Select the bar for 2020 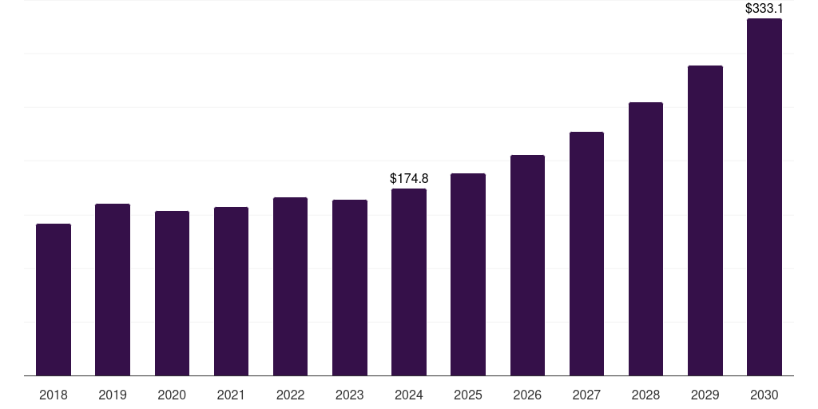[172, 293]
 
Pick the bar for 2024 [409, 282]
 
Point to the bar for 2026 [527, 265]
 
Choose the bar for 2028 [645, 239]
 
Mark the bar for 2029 [705, 220]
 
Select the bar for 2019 [113, 289]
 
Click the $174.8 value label [409, 179]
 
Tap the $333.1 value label [764, 9]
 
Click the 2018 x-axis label [54, 395]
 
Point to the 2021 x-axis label [231, 395]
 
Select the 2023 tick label [349, 395]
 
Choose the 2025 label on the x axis [468, 395]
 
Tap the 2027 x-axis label [586, 395]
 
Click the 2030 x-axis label [764, 395]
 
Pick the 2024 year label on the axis [409, 395]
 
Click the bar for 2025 [468, 274]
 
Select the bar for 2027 [586, 253]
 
